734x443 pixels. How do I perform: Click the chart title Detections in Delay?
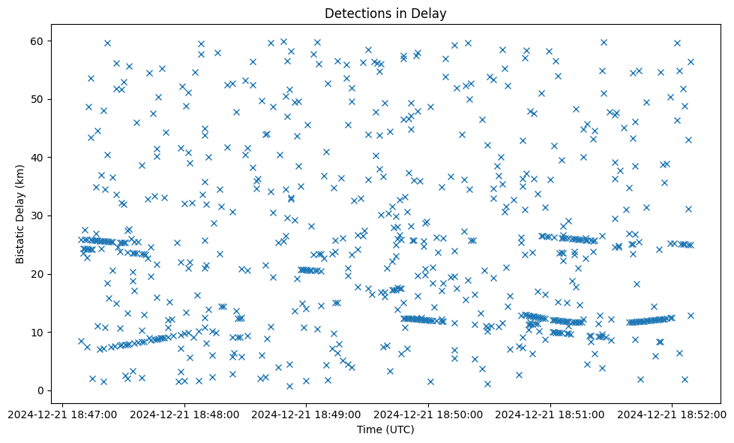[385, 13]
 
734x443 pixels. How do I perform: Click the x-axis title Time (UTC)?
[385, 430]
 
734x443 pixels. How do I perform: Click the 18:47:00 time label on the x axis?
[62, 414]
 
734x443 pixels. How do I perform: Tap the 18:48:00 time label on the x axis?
[184, 414]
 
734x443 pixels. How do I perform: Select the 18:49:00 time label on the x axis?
[306, 414]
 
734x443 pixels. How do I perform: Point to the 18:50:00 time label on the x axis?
[428, 414]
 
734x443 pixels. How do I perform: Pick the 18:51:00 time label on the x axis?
[550, 414]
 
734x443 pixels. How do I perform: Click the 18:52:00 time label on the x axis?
[673, 414]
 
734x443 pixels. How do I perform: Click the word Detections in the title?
[356, 13]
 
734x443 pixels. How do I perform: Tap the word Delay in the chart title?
[431, 13]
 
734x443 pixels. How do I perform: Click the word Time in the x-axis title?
[370, 430]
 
